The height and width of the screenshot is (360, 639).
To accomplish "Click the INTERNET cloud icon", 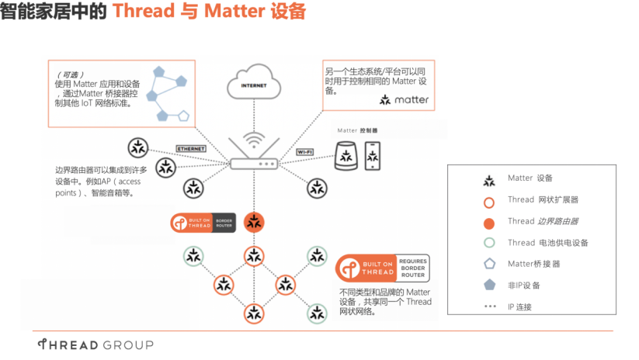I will point(253,85).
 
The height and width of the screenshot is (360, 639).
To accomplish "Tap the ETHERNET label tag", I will point(191,147).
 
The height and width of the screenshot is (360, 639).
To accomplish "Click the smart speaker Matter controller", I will point(346,156).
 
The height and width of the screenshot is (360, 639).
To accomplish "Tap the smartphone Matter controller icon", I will point(373,156).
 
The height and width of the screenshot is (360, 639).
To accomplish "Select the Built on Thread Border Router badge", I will point(204,223).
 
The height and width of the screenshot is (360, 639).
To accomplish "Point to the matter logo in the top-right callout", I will point(404,100).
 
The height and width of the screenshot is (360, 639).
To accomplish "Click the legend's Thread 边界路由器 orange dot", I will point(489,222).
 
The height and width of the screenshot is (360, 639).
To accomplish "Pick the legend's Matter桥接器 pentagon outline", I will point(489,264).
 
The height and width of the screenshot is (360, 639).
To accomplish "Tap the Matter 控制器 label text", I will point(357,130).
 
